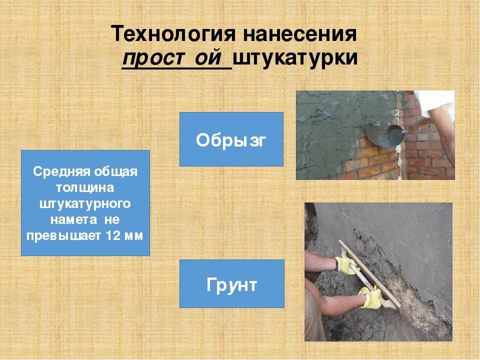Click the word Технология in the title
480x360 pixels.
click(173, 34)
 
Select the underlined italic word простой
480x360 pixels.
click(176, 58)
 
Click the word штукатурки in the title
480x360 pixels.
click(295, 58)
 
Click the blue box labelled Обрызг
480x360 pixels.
click(231, 139)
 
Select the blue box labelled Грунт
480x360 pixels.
click(231, 284)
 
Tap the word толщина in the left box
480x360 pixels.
click(85, 187)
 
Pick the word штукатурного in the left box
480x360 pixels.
click(85, 204)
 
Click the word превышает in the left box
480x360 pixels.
click(63, 236)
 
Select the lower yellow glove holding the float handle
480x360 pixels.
click(370, 297)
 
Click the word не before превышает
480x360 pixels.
click(111, 220)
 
